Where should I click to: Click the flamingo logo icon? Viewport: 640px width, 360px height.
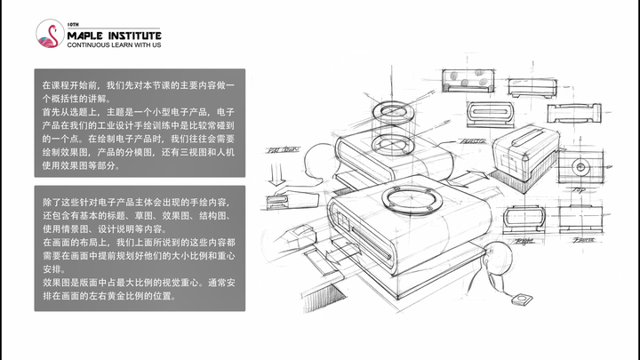(50, 35)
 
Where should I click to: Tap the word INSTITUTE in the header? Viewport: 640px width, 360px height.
(134, 33)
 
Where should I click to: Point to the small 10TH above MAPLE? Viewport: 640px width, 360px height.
(73, 23)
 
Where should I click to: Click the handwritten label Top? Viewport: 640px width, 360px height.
(579, 190)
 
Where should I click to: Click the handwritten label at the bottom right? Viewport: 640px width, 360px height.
(584, 239)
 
